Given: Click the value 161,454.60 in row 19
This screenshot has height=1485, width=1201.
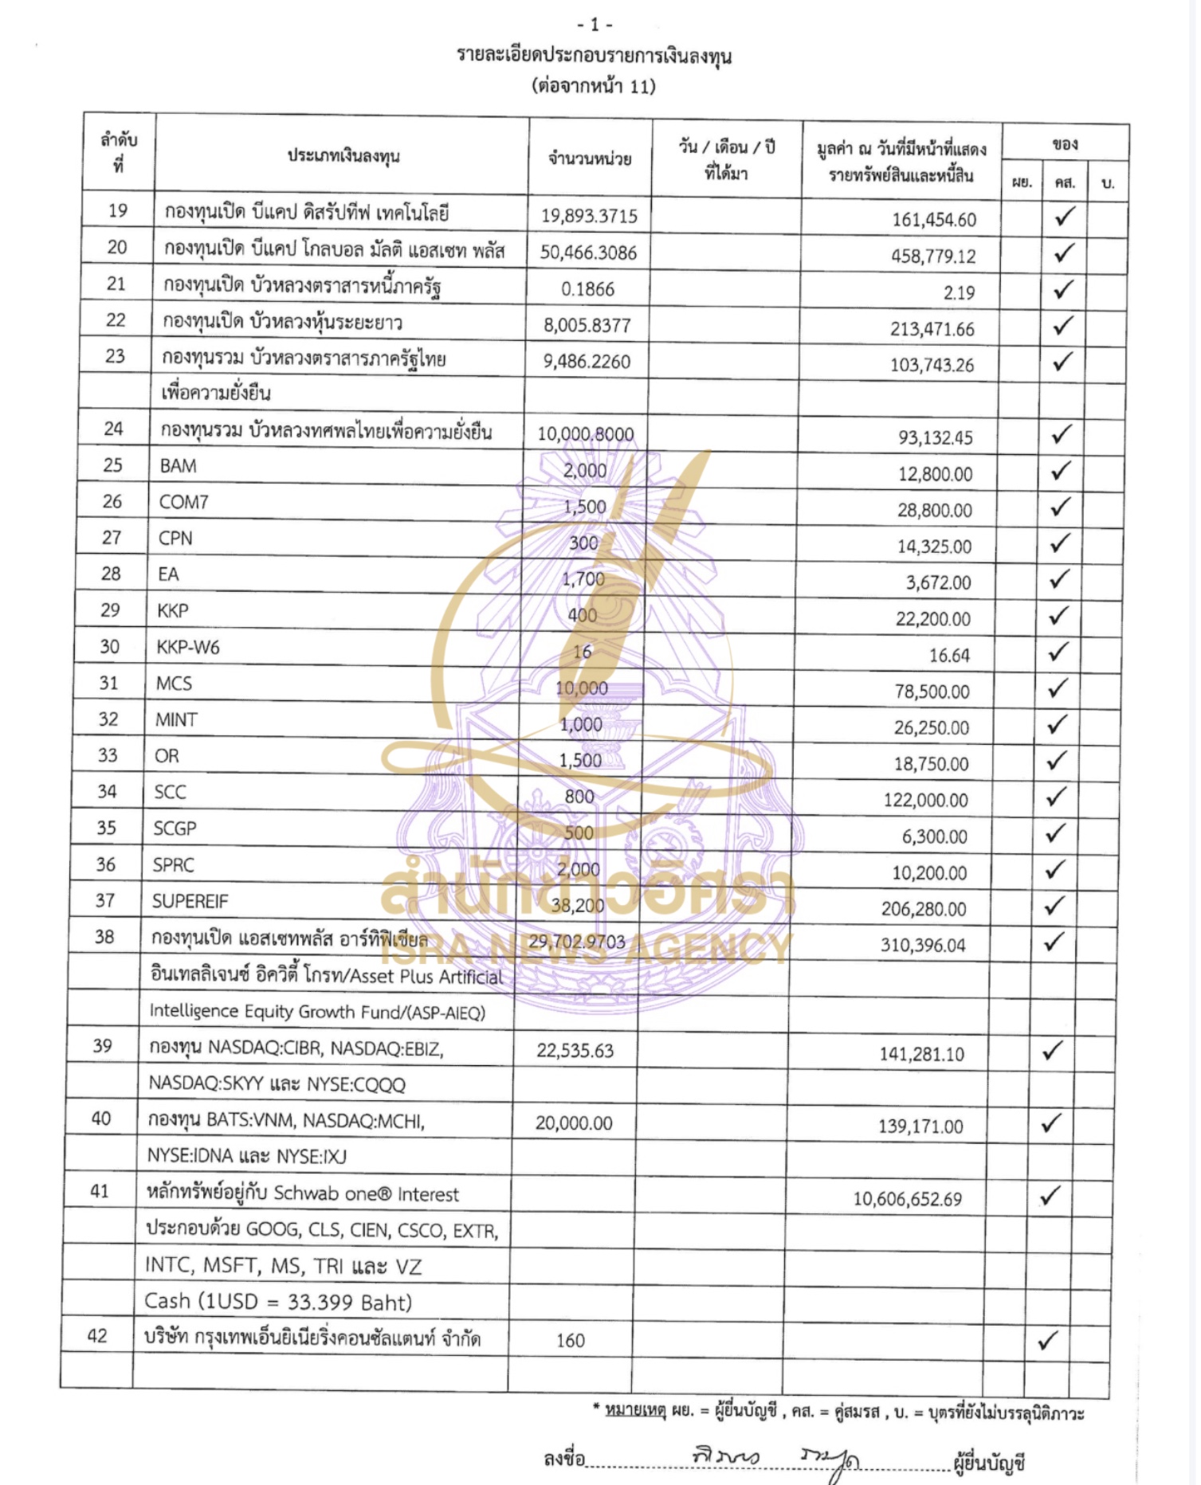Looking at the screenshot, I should pos(933,220).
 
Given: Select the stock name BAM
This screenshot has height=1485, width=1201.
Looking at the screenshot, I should pos(178,466).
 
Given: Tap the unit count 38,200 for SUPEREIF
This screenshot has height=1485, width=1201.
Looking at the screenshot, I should pos(578,905).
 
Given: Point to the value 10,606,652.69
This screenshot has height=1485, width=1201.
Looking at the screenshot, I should pos(908,1199).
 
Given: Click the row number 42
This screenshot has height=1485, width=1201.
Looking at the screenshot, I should pos(97,1336).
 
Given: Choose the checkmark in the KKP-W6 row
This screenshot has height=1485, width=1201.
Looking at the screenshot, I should pos(1058,652).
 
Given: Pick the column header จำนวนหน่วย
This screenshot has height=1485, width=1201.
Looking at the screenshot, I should pos(590,159).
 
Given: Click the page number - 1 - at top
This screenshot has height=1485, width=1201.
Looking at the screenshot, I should pos(595,25).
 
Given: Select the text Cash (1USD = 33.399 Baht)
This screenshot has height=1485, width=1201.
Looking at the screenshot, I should pos(278,1302).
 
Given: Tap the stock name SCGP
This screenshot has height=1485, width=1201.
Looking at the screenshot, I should pos(175,829).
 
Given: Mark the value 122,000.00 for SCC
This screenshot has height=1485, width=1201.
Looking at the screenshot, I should pos(925,800).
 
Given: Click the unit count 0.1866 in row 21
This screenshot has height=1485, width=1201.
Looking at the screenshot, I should pos(587,289).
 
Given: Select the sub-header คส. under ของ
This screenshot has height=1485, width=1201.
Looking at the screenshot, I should pos(1064,183).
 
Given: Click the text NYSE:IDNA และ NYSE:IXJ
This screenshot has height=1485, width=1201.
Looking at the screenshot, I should pos(247,1156).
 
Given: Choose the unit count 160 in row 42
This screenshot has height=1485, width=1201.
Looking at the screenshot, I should pos(571,1341).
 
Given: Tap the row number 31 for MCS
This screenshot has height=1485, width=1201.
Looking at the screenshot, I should pos(108,683).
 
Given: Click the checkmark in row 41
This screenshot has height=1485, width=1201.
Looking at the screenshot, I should pos(1050,1195).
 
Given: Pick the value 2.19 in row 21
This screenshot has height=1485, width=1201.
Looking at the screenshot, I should pos(959,292).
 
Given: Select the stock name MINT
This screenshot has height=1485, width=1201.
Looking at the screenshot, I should pos(176,719).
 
